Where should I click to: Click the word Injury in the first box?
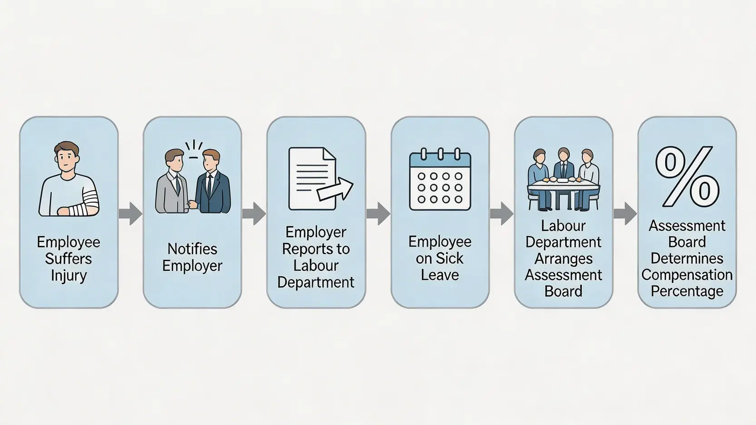[69, 276]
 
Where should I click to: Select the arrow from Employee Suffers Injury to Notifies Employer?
[131, 214]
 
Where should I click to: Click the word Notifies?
[192, 249]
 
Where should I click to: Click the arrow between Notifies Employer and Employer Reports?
[254, 214]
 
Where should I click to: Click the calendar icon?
[440, 180]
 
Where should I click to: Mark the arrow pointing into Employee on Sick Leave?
[378, 214]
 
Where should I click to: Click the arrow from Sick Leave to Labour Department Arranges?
[501, 214]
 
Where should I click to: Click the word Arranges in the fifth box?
[563, 259]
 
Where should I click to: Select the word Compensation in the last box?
[687, 275]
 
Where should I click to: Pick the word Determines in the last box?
[687, 259]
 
